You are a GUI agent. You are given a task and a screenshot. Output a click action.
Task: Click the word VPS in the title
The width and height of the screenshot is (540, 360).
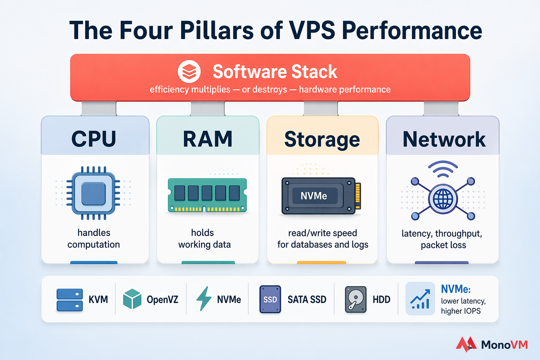pyautogui.click(x=312, y=30)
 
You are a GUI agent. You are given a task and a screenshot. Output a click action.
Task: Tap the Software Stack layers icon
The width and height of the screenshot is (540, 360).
pyautogui.click(x=189, y=72)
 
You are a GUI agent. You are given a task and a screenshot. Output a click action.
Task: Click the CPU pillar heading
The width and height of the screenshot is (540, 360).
pyautogui.click(x=94, y=139)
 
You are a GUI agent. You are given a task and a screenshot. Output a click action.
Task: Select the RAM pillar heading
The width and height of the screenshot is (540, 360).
pyautogui.click(x=208, y=139)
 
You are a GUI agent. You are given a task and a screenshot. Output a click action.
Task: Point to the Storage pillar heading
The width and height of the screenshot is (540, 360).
pyautogui.click(x=322, y=140)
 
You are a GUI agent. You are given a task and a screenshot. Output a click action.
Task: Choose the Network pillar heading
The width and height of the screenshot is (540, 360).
pyautogui.click(x=444, y=139)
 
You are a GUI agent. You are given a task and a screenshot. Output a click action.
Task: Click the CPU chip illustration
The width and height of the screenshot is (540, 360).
pyautogui.click(x=94, y=193)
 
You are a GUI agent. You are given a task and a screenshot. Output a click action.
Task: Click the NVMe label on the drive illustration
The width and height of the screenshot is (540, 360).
pyautogui.click(x=314, y=196)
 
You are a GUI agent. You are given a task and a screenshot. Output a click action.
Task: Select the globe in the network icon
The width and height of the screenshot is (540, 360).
pyautogui.click(x=443, y=199)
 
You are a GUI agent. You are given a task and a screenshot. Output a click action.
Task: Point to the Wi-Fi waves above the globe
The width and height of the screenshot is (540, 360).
pyautogui.click(x=443, y=169)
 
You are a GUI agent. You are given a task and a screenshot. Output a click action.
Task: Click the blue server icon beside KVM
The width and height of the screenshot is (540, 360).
pyautogui.click(x=70, y=300)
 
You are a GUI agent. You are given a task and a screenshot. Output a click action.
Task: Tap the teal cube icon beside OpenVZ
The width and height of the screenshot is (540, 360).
pyautogui.click(x=132, y=299)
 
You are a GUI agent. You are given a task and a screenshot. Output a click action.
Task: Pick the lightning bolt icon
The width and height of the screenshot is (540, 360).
pyautogui.click(x=204, y=298)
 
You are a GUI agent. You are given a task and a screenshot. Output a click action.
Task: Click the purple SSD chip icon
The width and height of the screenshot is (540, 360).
pyautogui.click(x=270, y=300)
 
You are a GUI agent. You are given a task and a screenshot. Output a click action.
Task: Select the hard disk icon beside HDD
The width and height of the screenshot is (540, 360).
pyautogui.click(x=356, y=300)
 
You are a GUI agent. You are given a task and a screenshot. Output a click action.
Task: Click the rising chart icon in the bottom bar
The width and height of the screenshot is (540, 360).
pyautogui.click(x=420, y=299)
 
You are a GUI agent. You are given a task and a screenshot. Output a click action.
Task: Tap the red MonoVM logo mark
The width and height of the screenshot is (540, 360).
pyautogui.click(x=466, y=344)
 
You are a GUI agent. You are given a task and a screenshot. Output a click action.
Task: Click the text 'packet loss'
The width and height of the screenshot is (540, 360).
pyautogui.click(x=443, y=245)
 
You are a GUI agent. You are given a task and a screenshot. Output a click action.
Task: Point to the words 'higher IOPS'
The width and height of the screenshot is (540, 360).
pyautogui.click(x=461, y=311)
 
